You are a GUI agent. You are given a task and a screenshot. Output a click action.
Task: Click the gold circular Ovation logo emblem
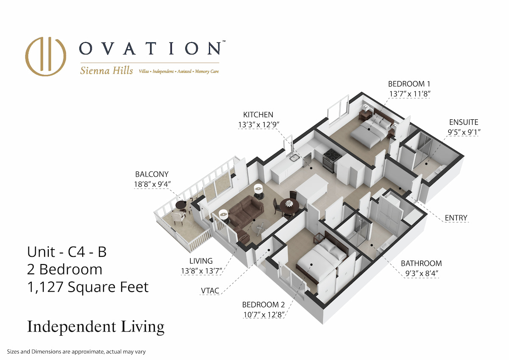click(46, 56)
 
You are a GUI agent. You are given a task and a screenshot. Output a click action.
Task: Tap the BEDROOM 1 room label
click(409, 84)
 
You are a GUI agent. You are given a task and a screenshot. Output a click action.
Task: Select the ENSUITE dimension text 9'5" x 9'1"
click(464, 132)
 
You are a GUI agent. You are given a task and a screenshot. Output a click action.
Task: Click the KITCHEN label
click(258, 115)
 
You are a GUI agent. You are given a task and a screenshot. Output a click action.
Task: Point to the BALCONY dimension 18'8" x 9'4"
click(152, 184)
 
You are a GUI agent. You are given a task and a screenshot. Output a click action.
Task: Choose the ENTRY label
click(456, 218)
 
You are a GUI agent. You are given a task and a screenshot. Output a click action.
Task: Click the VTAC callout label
click(210, 291)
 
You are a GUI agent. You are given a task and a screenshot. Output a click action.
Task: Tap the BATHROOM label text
click(421, 263)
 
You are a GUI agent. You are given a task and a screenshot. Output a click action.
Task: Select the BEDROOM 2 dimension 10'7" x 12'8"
click(263, 315)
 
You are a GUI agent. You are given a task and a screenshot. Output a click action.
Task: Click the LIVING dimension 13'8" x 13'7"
click(201, 271)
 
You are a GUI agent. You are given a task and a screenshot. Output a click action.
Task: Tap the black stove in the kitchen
click(332, 160)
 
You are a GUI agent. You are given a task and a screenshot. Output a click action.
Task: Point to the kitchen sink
click(295, 157)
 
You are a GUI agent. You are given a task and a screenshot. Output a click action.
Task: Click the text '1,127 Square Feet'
click(88, 287)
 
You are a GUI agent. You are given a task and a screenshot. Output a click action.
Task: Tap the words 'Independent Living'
click(96, 327)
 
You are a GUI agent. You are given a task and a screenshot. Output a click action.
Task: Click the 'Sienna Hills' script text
click(106, 70)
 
